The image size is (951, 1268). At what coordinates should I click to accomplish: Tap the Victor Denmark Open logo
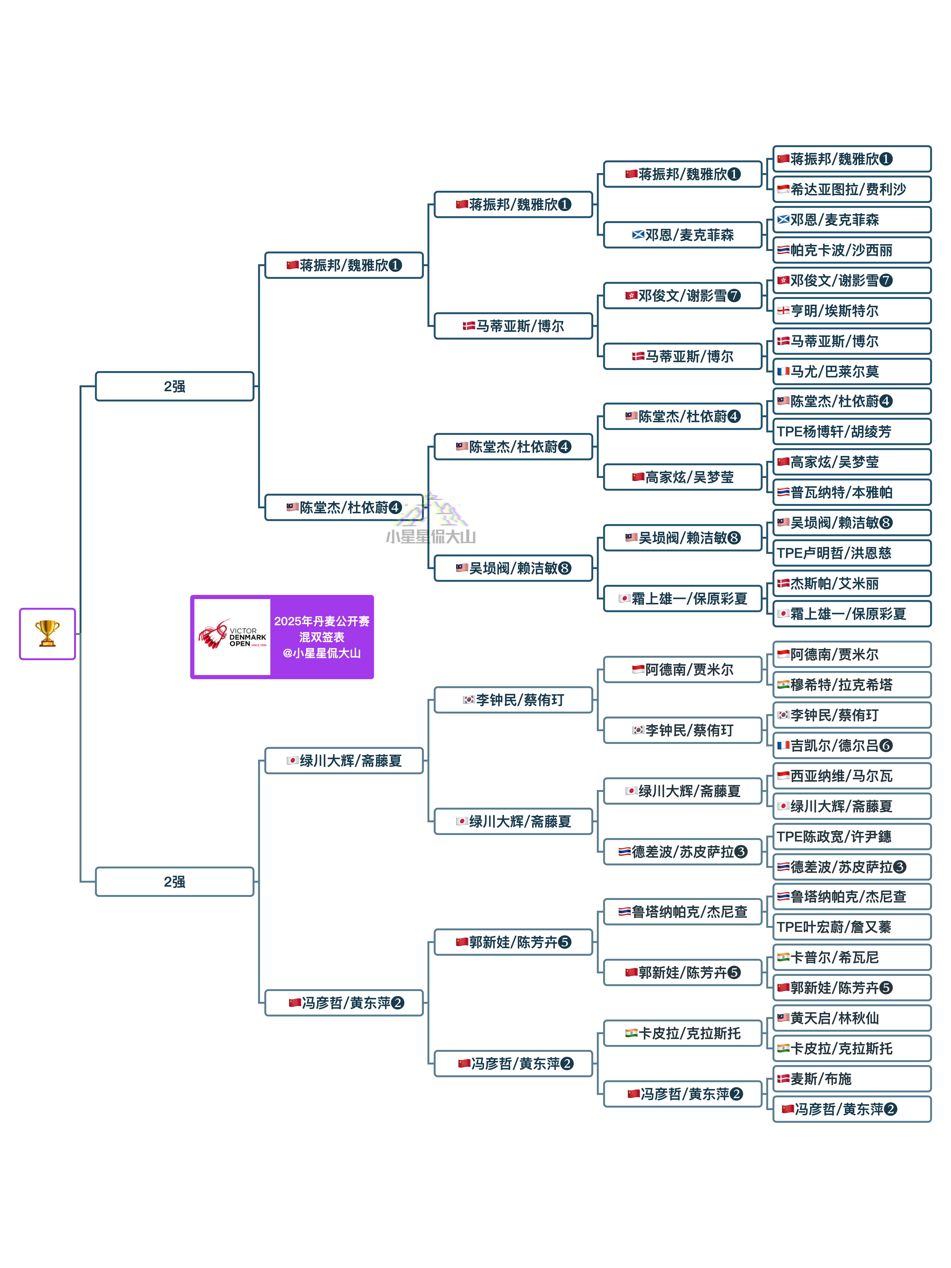pyautogui.click(x=232, y=636)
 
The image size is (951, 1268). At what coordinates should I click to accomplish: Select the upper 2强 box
pyautogui.click(x=174, y=386)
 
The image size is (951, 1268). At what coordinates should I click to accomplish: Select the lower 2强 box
pyautogui.click(x=174, y=882)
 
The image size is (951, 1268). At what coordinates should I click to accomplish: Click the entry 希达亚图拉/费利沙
pyautogui.click(x=852, y=189)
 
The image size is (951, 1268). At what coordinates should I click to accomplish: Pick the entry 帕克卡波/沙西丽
pyautogui.click(x=852, y=250)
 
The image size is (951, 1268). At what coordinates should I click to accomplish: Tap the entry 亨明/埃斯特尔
pyautogui.click(x=852, y=311)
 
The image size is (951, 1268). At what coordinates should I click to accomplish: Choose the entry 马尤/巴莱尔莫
pyautogui.click(x=852, y=371)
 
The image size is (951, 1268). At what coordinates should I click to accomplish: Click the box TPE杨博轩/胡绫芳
pyautogui.click(x=852, y=432)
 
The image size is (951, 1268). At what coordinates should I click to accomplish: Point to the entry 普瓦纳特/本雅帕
pyautogui.click(x=852, y=492)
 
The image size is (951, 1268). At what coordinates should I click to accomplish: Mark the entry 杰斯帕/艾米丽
pyautogui.click(x=852, y=584)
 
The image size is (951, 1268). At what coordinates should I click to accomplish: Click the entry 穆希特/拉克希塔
pyautogui.click(x=852, y=684)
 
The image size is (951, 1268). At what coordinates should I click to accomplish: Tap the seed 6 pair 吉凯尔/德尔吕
pyautogui.click(x=852, y=745)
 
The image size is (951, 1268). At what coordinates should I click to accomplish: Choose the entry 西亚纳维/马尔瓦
pyautogui.click(x=852, y=776)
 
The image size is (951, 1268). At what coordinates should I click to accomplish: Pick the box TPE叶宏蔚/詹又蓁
pyautogui.click(x=852, y=927)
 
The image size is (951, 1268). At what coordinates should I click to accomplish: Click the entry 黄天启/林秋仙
pyautogui.click(x=852, y=1018)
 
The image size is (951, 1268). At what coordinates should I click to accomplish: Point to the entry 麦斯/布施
pyautogui.click(x=852, y=1079)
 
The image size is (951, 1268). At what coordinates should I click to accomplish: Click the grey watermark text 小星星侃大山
pyautogui.click(x=431, y=537)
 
